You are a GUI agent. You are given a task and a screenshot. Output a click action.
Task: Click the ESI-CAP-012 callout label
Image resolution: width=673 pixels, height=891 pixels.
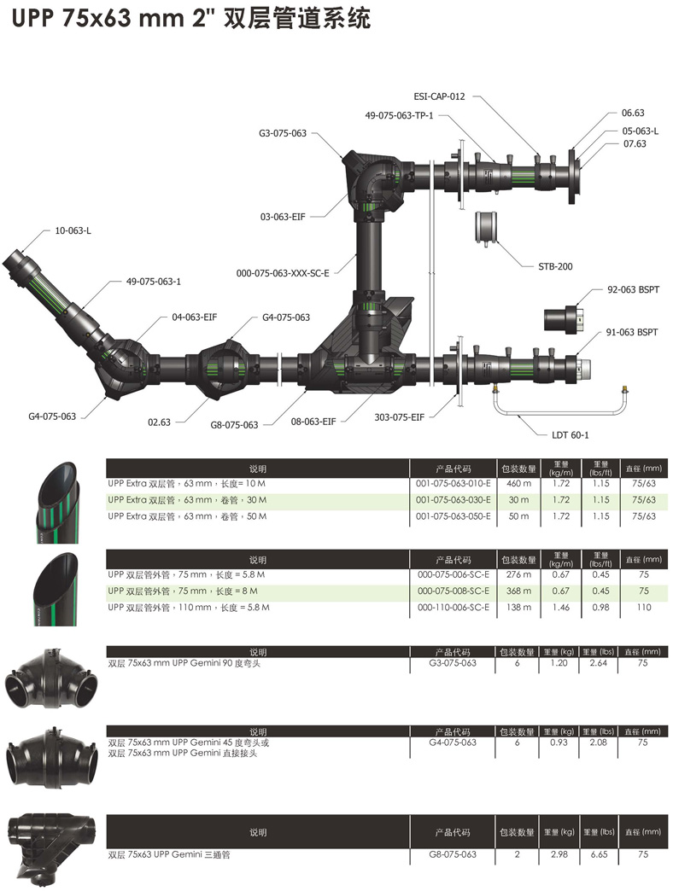(439, 96)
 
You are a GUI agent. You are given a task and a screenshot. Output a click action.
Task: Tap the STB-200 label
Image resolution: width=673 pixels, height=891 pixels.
(555, 266)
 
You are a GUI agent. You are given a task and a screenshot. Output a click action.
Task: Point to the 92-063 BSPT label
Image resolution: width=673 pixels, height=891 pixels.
(632, 290)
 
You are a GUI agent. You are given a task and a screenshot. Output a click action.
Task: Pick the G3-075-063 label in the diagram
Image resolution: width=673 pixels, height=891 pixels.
(283, 133)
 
